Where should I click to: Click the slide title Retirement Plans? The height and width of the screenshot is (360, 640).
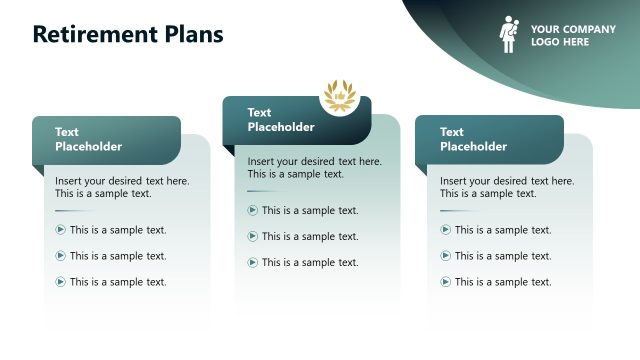coord(128,34)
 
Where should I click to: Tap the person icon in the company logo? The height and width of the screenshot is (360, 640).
coord(509,35)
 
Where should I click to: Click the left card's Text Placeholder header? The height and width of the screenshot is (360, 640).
coord(88,139)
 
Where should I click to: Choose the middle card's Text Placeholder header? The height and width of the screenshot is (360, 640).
coord(281,120)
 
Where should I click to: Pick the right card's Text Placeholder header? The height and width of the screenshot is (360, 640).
coord(473,139)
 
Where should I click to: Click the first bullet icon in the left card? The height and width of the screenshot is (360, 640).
coord(61,230)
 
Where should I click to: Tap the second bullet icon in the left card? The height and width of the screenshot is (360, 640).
coord(61,256)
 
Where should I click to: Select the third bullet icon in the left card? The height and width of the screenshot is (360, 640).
coord(61,282)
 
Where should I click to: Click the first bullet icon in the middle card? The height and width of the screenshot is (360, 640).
coord(253,210)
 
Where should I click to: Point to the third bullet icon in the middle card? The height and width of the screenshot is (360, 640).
coord(253,262)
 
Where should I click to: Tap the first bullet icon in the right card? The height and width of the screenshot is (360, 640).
coord(446,230)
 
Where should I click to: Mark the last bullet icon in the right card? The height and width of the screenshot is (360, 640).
coord(446,282)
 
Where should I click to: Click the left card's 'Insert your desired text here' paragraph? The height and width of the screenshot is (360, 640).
coord(122,187)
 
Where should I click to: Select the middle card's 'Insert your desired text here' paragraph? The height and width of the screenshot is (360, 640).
coord(314,167)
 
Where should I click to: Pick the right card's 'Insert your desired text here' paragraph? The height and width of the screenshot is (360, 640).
coord(507,187)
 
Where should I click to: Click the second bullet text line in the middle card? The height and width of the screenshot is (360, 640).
coord(310,236)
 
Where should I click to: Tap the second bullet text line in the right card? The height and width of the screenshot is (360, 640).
coord(503,256)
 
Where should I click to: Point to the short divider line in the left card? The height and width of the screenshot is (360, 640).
coord(73,211)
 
